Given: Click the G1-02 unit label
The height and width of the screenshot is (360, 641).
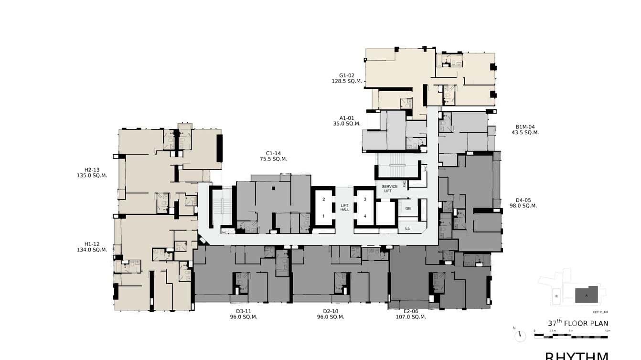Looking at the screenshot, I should (x=347, y=75).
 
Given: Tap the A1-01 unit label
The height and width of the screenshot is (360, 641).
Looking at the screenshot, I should (x=347, y=117).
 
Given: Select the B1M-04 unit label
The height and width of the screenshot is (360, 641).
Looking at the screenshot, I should (x=525, y=127).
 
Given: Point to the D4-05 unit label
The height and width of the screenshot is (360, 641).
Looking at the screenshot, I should (x=523, y=200).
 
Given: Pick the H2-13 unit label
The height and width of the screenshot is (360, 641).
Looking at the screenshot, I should (x=92, y=169).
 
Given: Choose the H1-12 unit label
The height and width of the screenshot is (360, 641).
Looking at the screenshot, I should (x=92, y=244).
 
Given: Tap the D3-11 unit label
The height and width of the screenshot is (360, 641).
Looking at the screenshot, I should (x=244, y=311).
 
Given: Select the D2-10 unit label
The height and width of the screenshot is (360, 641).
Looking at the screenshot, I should (x=331, y=311).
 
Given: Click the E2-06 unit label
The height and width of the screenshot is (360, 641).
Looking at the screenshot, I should (x=411, y=311).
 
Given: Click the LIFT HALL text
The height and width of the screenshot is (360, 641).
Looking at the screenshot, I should (x=344, y=208).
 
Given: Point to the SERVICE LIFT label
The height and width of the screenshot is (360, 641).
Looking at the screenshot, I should (x=390, y=189).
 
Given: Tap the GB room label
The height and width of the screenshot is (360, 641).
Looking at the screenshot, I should (x=407, y=208).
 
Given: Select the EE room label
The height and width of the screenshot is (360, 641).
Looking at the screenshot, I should (x=407, y=228).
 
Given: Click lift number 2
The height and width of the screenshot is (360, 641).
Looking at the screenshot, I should (x=323, y=199).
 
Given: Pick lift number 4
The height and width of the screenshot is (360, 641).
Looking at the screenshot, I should (x=365, y=216).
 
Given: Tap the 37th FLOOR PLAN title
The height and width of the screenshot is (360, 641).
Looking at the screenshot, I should (x=578, y=323).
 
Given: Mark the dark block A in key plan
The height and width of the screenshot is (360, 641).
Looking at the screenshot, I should (x=587, y=295).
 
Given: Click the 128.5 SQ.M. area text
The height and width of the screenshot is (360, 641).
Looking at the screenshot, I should (x=347, y=81).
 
